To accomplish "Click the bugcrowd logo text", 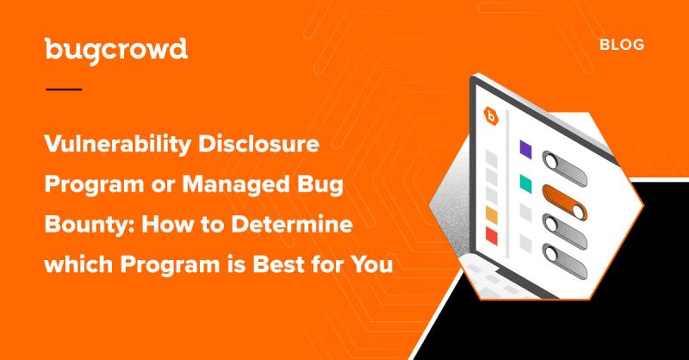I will (115, 50).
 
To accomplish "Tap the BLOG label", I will (622, 45).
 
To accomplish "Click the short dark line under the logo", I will (63, 89).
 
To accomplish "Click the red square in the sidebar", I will (493, 235).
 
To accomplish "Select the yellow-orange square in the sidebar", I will (493, 214).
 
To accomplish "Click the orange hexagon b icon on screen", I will (493, 115).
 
